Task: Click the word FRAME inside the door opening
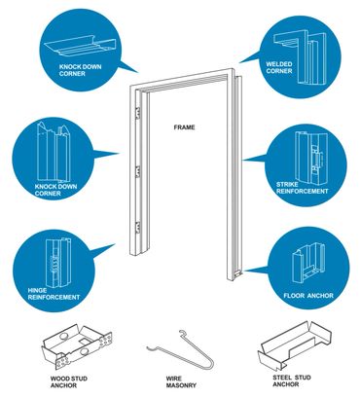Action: pos(185,127)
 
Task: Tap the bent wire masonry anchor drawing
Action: pos(180,349)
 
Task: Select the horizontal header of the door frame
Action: pos(184,82)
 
